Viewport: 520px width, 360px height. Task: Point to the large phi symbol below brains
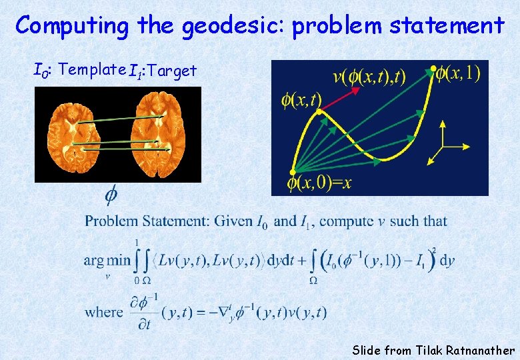[x=113, y=194]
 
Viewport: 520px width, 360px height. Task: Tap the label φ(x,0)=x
[x=319, y=183]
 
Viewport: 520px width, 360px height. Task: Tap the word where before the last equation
[x=104, y=311]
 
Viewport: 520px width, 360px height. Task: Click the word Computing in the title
[x=72, y=26]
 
